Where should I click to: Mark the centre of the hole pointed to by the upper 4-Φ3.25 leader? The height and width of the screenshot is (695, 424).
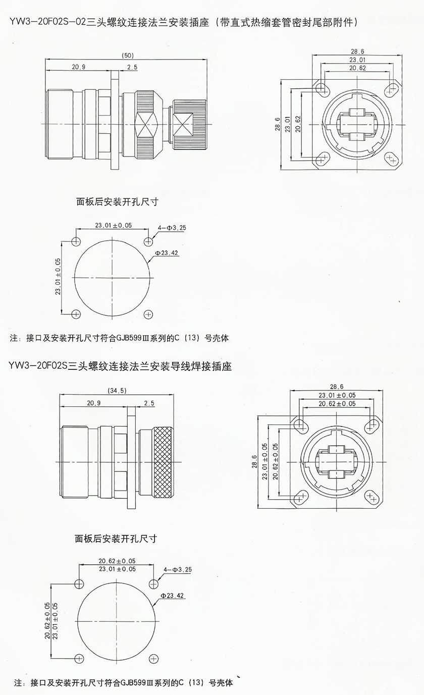coord(148,241)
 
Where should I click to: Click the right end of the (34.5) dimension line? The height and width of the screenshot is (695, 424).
coord(174,395)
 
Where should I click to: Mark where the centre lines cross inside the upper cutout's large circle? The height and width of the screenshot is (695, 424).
coord(114,278)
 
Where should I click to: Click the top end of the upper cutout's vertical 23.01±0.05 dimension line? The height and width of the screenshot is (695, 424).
coord(62,241)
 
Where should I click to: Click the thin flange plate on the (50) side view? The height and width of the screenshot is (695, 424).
coord(115,120)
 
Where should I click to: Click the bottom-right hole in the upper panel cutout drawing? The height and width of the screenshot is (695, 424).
coord(148,314)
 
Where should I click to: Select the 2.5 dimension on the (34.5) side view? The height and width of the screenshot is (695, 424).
coord(149,403)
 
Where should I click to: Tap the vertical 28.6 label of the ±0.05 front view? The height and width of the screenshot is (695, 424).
coord(254,462)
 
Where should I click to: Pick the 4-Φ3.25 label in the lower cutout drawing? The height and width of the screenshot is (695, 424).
coord(178,570)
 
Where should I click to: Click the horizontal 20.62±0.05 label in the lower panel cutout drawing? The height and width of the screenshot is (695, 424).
coord(117,561)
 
